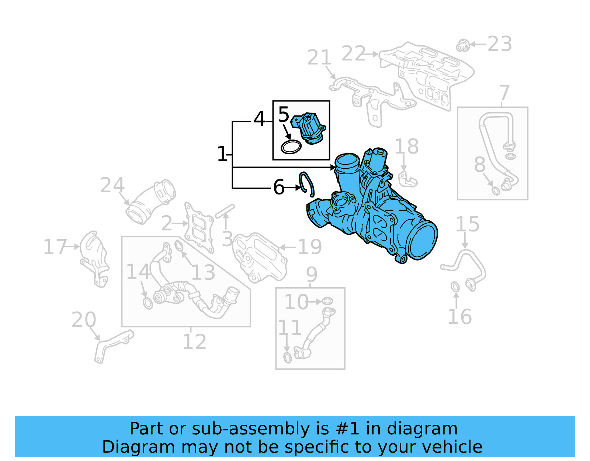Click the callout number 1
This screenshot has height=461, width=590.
tap(222, 154)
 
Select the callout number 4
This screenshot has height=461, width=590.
tap(259, 119)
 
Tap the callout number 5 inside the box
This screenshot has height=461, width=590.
tap(284, 115)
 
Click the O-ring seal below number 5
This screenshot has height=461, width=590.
tap(291, 147)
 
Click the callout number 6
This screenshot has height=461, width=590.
tap(279, 188)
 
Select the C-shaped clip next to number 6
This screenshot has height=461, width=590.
tap(307, 183)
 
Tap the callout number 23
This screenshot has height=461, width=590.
tap(500, 44)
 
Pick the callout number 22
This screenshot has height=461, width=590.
tap(353, 54)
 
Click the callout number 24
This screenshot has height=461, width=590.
tap(112, 185)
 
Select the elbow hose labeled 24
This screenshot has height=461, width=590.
tap(150, 202)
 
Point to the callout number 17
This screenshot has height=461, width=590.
tap(55, 247)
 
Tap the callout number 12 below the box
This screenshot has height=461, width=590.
tap(194, 342)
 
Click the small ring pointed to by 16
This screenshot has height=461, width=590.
tap(455, 287)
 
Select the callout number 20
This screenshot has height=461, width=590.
tap(84, 320)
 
